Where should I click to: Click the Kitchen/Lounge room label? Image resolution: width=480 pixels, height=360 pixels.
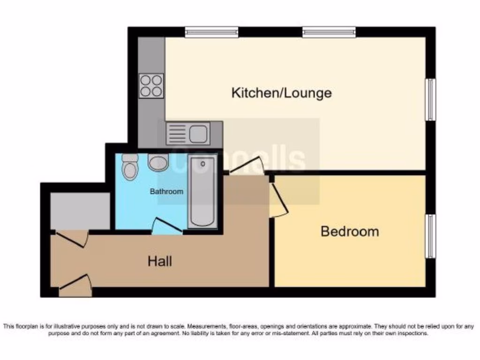tap(281, 92)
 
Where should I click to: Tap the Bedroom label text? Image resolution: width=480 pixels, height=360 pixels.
tap(350, 231)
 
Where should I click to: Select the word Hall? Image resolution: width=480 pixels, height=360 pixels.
tap(160, 261)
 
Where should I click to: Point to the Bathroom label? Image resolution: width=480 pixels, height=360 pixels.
tap(166, 192)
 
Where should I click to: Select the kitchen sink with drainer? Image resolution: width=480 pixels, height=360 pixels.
tap(187, 133)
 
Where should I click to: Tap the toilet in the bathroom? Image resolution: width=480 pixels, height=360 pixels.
tap(128, 166)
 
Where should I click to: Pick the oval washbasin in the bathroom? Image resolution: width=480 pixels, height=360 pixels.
tap(158, 163)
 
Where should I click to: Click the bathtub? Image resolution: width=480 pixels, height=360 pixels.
tap(203, 192)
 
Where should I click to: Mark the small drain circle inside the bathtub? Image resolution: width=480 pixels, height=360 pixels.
tap(203, 165)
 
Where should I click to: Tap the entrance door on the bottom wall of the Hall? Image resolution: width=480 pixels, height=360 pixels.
tap(75, 286)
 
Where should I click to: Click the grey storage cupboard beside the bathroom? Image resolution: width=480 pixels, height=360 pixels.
tap(80, 211)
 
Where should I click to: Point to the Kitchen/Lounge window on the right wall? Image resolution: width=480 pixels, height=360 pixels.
tap(430, 99)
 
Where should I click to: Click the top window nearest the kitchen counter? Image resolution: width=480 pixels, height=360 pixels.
tap(211, 32)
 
